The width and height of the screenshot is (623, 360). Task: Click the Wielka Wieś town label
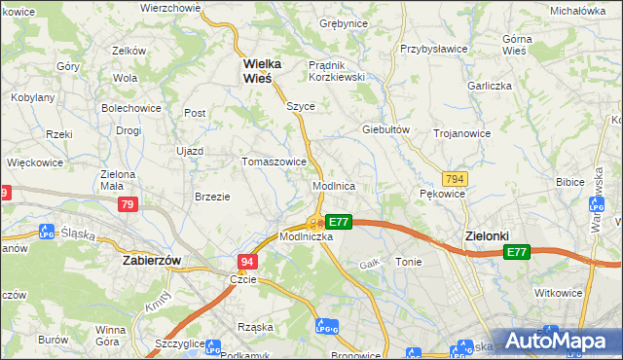pos(262,72)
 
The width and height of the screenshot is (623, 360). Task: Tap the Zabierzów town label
pos(154,261)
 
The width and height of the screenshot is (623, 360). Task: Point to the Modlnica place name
pos(333,185)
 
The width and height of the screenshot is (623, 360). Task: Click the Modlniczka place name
pos(307,236)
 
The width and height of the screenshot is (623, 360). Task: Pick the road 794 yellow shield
pos(454,179)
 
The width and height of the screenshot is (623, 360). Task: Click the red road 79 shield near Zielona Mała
pos(128,204)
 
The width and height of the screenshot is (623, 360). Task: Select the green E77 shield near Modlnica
pos(338,222)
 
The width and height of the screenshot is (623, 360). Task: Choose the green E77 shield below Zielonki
pos(517,252)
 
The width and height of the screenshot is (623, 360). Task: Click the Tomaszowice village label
pos(275,162)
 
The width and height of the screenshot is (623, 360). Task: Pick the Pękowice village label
pos(443,194)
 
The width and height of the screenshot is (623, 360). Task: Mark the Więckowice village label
pos(37,162)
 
